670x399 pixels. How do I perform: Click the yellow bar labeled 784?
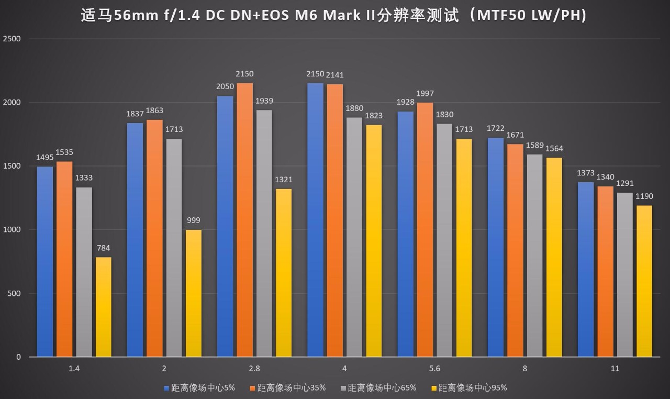[103, 307]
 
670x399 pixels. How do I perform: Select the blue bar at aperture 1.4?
[45, 262]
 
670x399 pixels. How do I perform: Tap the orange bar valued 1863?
[154, 238]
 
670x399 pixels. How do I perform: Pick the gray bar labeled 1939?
[264, 233]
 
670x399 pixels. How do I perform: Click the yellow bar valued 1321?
[283, 272]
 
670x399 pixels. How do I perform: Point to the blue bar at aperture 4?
[315, 220]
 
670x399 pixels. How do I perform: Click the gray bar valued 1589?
[534, 256]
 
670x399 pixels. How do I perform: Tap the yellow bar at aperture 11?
[644, 281]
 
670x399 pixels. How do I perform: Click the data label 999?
[193, 220]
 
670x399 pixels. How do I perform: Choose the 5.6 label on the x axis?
[434, 369]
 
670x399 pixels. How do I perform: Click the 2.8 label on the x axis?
[254, 369]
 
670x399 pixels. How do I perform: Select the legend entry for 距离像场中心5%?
[199, 388]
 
